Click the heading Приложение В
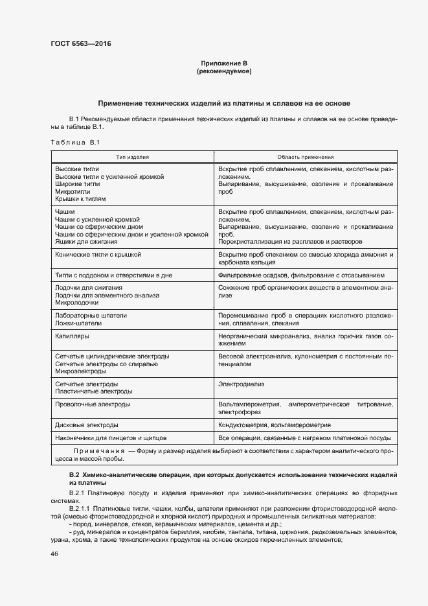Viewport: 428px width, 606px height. point(224,63)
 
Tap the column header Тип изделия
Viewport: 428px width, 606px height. point(133,157)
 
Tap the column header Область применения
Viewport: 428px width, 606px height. point(305,157)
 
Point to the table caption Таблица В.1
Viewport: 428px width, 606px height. point(74,142)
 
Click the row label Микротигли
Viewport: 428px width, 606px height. point(72,192)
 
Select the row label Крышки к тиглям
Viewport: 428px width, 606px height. point(80,200)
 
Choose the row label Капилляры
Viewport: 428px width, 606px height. point(72,336)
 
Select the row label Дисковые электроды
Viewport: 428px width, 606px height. point(87,425)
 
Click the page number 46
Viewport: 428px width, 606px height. point(54,555)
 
